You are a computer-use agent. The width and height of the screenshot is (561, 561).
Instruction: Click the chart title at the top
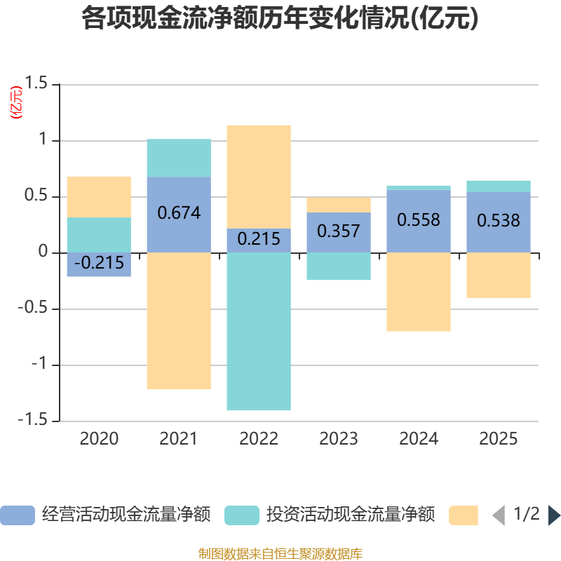click(280, 19)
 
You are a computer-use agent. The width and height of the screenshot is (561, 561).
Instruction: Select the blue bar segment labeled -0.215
click(99, 264)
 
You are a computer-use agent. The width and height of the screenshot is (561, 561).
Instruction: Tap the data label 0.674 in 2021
click(179, 212)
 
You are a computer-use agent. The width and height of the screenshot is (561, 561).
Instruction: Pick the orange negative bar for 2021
click(179, 320)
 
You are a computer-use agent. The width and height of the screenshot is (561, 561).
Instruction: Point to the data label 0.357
click(339, 231)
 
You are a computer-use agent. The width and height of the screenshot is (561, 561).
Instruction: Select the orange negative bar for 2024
click(419, 292)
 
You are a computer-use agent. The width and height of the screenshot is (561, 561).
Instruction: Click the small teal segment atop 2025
click(499, 186)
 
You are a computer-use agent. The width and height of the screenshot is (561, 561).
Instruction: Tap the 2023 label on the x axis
click(339, 439)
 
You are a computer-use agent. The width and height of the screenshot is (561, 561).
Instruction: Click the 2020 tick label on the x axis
click(99, 439)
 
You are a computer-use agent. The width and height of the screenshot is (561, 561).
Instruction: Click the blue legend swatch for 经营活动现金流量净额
click(18, 515)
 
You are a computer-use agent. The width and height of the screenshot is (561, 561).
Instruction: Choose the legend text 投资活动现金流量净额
click(350, 515)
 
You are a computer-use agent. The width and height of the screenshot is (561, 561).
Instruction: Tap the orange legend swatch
click(464, 515)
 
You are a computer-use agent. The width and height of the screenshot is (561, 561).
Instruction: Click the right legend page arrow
click(554, 515)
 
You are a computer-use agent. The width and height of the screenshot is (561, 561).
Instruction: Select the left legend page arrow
click(499, 515)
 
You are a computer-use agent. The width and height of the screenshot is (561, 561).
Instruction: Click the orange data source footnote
click(280, 553)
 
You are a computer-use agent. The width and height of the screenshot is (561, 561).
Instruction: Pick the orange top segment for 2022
click(259, 176)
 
